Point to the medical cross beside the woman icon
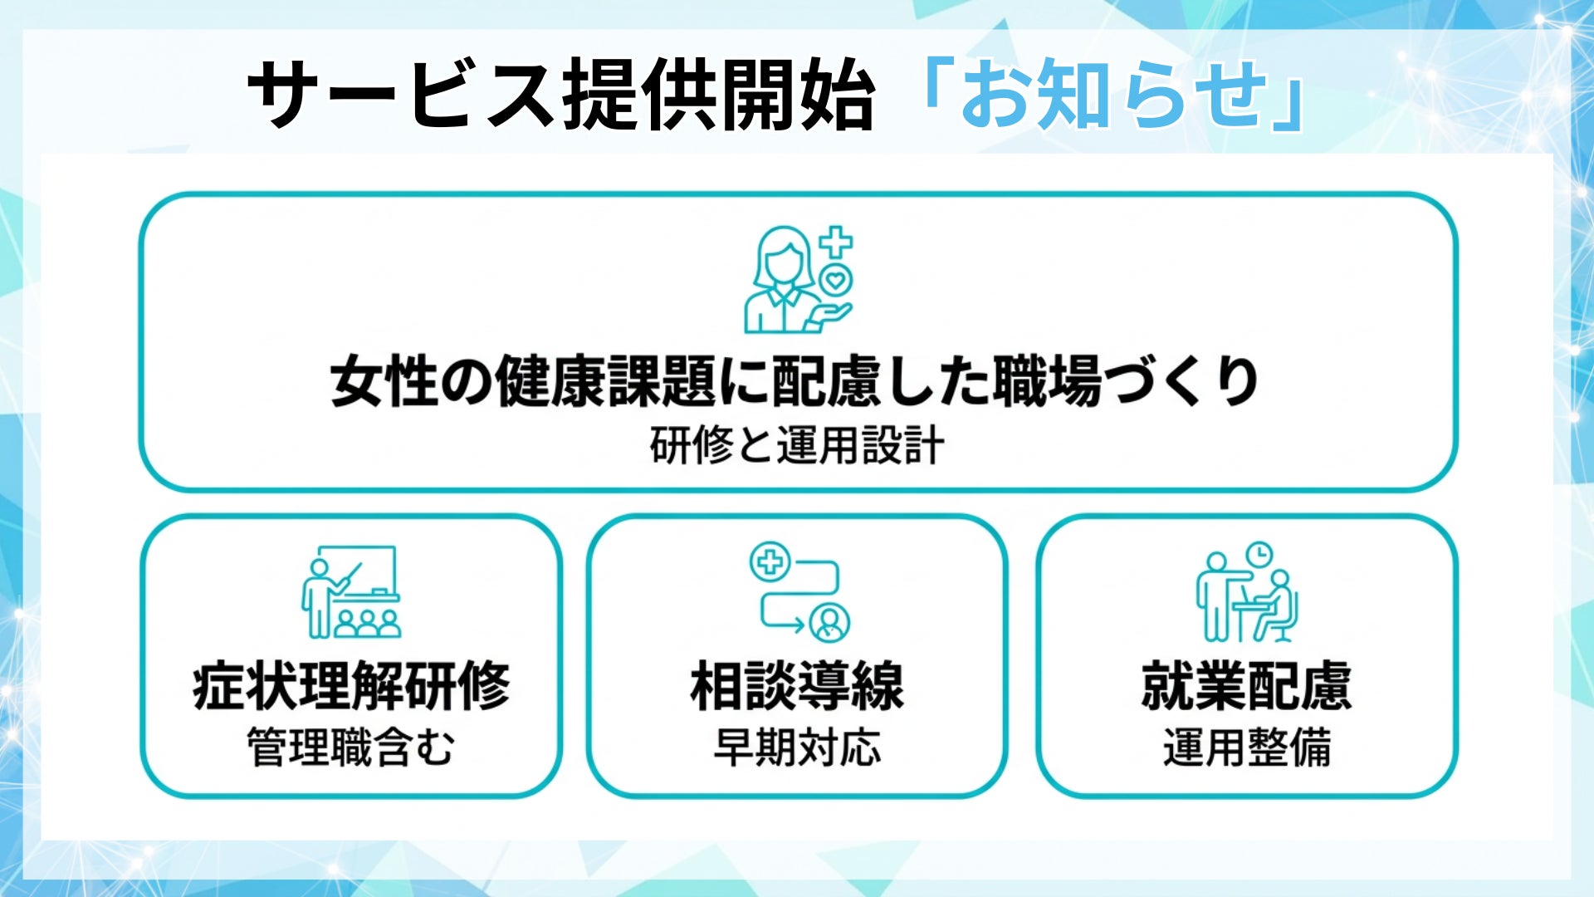click(x=836, y=242)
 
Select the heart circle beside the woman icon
click(x=835, y=281)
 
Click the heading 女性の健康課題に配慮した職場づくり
click(x=795, y=382)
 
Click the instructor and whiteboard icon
click(x=351, y=591)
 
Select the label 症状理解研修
click(x=351, y=687)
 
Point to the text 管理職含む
click(x=351, y=747)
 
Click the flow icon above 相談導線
click(x=799, y=591)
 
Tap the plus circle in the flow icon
click(x=770, y=562)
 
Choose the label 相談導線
click(x=797, y=687)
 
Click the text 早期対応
click(x=797, y=747)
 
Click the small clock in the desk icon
click(x=1259, y=553)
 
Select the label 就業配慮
click(x=1247, y=687)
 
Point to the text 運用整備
click(x=1247, y=747)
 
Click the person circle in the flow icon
click(x=829, y=621)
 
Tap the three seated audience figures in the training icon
click(x=367, y=624)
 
